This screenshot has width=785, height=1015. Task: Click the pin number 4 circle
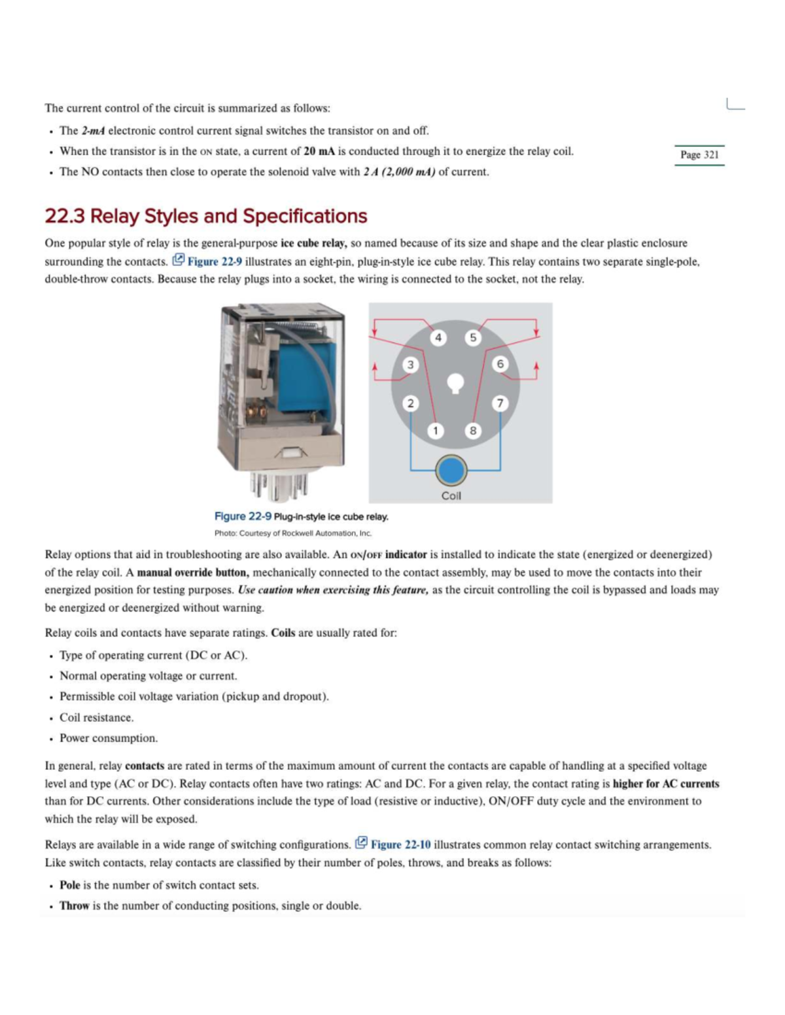pyautogui.click(x=438, y=337)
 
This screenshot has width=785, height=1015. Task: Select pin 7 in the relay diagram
pyautogui.click(x=500, y=403)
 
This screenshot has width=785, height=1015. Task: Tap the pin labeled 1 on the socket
pyautogui.click(x=436, y=430)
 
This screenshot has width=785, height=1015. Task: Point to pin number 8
pyautogui.click(x=472, y=430)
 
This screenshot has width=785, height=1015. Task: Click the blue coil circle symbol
pyautogui.click(x=451, y=469)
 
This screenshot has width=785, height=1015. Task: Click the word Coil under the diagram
pyautogui.click(x=451, y=495)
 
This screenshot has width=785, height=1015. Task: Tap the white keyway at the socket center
pyautogui.click(x=455, y=383)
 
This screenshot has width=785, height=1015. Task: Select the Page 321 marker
pyautogui.click(x=699, y=155)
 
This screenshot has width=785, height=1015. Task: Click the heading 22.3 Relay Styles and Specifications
pyautogui.click(x=206, y=216)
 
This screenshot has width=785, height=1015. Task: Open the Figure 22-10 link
pyautogui.click(x=400, y=844)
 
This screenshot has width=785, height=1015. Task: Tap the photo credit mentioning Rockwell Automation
pyautogui.click(x=293, y=533)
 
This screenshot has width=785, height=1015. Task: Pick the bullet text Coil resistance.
pyautogui.click(x=97, y=718)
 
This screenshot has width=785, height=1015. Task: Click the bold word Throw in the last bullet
pyautogui.click(x=74, y=906)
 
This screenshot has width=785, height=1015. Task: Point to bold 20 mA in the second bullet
pyautogui.click(x=319, y=152)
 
